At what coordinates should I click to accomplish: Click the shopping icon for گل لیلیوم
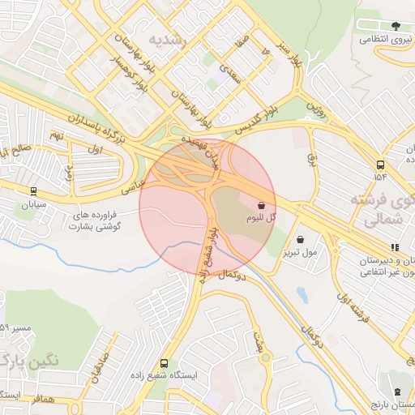pos(261,206)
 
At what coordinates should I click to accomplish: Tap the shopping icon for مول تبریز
pos(302,240)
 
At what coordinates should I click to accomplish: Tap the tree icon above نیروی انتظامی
pos(396,25)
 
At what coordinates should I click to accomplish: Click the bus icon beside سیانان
pos(33,192)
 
